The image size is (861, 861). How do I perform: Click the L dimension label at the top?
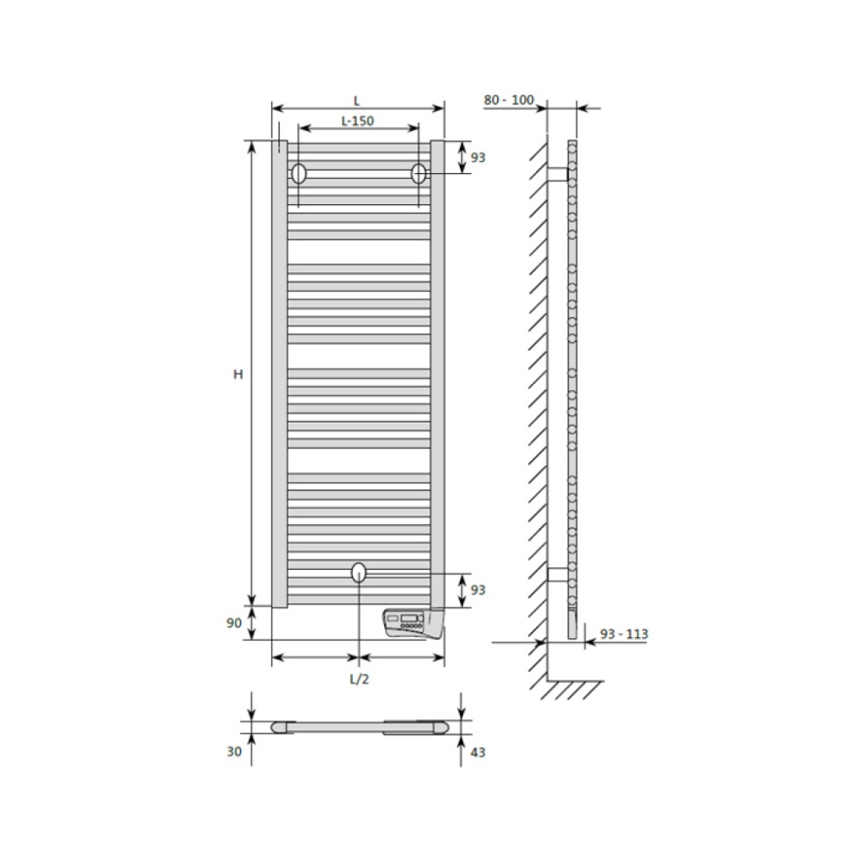[356, 101]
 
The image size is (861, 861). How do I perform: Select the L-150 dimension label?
[357, 121]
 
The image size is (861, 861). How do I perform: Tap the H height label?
[238, 375]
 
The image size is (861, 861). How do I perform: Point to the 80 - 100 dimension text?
[509, 100]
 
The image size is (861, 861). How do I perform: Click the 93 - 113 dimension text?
[623, 635]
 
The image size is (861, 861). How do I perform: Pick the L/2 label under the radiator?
[359, 679]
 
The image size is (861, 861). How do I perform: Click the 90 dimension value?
[234, 623]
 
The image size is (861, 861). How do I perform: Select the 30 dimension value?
[234, 751]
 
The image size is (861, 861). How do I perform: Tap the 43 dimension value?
[478, 753]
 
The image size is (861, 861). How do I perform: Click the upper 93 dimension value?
[478, 158]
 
